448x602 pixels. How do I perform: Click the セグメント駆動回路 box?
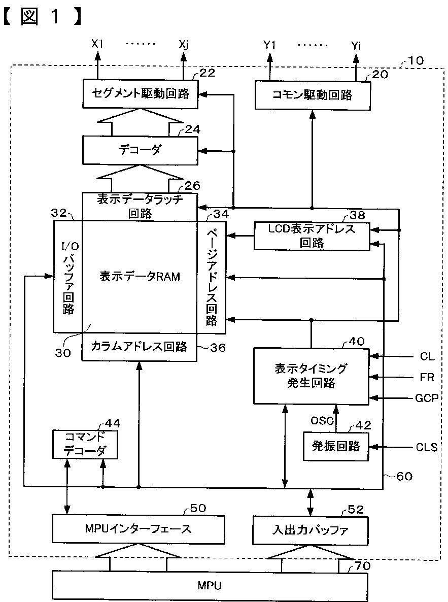141,94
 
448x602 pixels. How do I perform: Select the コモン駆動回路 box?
313,95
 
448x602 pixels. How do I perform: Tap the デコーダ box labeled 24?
140,150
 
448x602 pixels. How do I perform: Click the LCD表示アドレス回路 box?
312,236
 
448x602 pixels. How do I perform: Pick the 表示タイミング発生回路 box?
312,376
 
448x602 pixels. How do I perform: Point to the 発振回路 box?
336,446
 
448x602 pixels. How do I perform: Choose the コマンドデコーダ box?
85,444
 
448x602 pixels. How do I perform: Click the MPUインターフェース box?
138,529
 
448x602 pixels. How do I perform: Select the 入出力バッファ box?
310,530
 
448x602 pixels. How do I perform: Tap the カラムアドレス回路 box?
140,347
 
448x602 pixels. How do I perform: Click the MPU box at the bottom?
210,586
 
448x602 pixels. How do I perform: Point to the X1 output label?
97,44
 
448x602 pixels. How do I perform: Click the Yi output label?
356,46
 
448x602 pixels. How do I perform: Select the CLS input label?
427,447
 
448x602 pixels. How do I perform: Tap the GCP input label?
427,398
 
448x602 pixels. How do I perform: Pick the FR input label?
427,377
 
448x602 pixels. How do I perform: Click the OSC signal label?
322,421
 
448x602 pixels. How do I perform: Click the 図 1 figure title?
42,18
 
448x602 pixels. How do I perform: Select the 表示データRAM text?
140,277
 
